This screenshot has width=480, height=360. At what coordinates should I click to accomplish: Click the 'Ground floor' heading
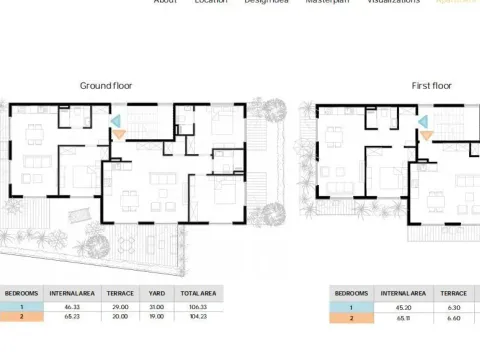click(105, 86)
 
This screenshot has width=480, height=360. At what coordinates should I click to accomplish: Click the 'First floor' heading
click(432, 86)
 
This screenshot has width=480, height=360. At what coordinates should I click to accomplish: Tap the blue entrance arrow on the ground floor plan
click(116, 122)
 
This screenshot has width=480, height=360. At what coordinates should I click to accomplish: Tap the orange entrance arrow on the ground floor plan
click(119, 134)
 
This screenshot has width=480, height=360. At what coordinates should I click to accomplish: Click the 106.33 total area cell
click(197, 308)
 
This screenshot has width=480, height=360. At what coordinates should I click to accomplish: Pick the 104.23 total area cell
click(197, 316)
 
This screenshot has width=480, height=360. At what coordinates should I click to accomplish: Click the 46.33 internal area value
click(72, 308)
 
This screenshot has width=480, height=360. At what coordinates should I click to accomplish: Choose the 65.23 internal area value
click(72, 316)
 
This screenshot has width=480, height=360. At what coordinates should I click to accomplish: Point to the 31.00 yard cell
click(156, 308)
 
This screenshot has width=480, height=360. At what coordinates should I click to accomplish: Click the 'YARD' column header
click(156, 293)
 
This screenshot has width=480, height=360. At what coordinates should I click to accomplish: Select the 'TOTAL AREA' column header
click(197, 293)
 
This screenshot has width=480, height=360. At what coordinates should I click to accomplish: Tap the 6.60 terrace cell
click(451, 318)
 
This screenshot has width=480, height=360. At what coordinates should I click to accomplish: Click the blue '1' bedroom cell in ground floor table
click(22, 308)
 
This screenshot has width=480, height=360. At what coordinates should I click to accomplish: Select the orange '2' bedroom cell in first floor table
click(352, 318)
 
